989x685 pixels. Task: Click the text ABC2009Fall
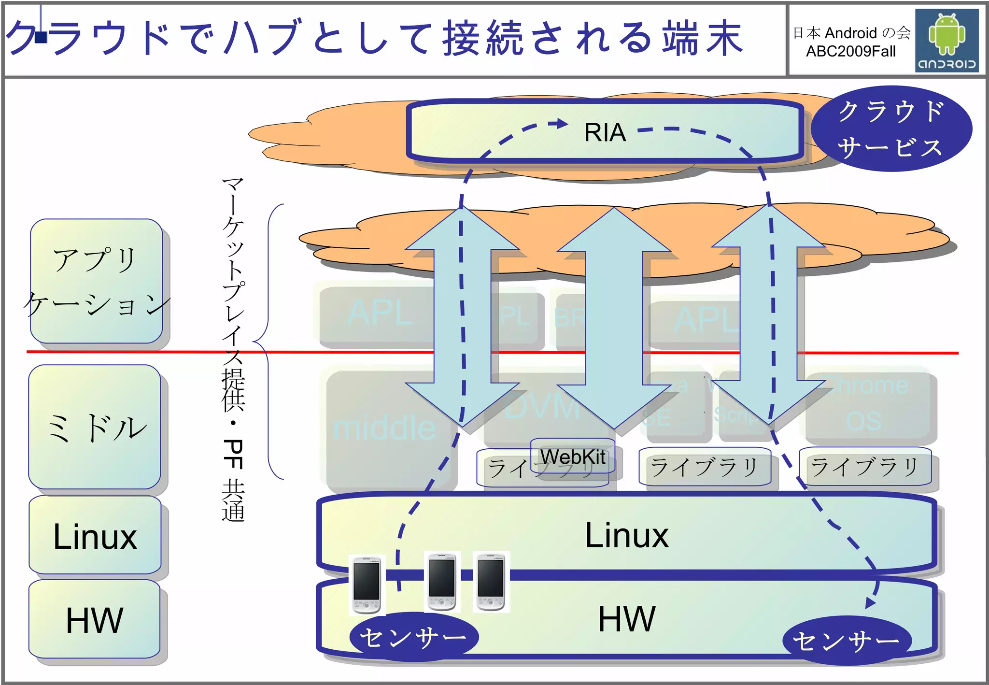tap(850, 51)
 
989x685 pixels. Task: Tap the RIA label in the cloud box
tap(605, 132)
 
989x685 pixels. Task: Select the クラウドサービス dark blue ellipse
tap(891, 129)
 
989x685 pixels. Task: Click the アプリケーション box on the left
tap(96, 282)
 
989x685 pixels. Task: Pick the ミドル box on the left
tap(95, 428)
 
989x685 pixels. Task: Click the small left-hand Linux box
tap(95, 536)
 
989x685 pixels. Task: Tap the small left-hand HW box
tap(95, 620)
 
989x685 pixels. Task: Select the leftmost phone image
tap(367, 585)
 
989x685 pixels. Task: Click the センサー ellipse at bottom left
tap(414, 637)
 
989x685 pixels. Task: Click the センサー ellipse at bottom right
tap(847, 641)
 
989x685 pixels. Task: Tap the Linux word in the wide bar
tap(626, 535)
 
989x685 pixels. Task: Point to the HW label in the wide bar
tap(626, 619)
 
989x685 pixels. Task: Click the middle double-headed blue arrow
tap(614, 319)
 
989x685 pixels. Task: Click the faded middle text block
tap(385, 428)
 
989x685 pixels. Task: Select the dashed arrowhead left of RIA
tap(561, 124)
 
